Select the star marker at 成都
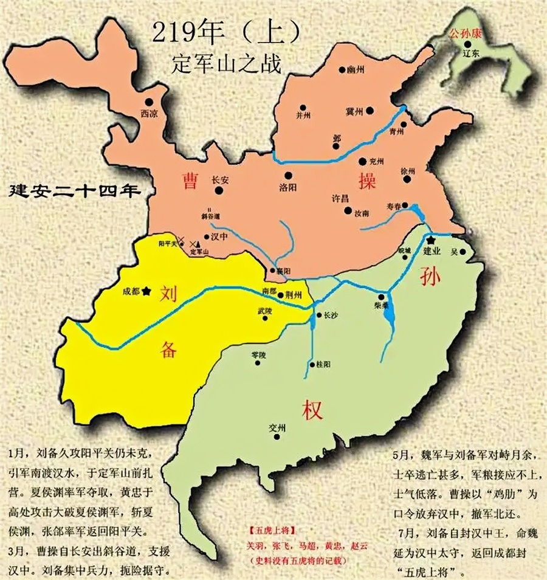point(146,291)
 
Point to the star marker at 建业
point(431,241)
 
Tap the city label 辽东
point(471,54)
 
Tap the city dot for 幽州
point(343,71)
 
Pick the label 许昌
point(340,199)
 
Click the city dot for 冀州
point(370,111)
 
